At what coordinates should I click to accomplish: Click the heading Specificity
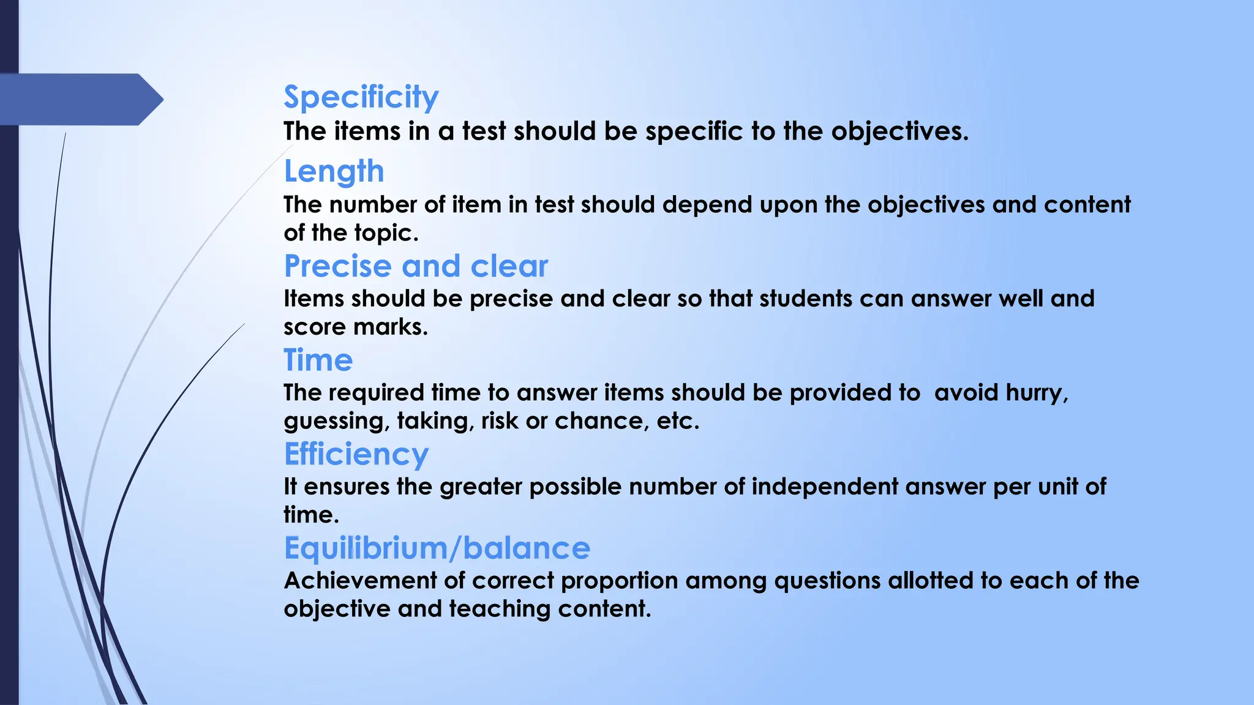click(361, 97)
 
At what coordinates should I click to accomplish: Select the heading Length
click(334, 171)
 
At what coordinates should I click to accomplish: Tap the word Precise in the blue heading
click(337, 266)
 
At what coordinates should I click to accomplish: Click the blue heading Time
click(318, 360)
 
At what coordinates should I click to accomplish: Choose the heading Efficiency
click(356, 455)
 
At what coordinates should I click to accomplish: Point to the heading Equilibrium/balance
click(437, 548)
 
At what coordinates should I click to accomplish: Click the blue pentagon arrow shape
click(80, 99)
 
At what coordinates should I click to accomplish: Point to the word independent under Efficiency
click(824, 487)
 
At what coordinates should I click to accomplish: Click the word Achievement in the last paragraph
click(360, 581)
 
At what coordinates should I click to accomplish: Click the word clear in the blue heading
click(509, 266)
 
